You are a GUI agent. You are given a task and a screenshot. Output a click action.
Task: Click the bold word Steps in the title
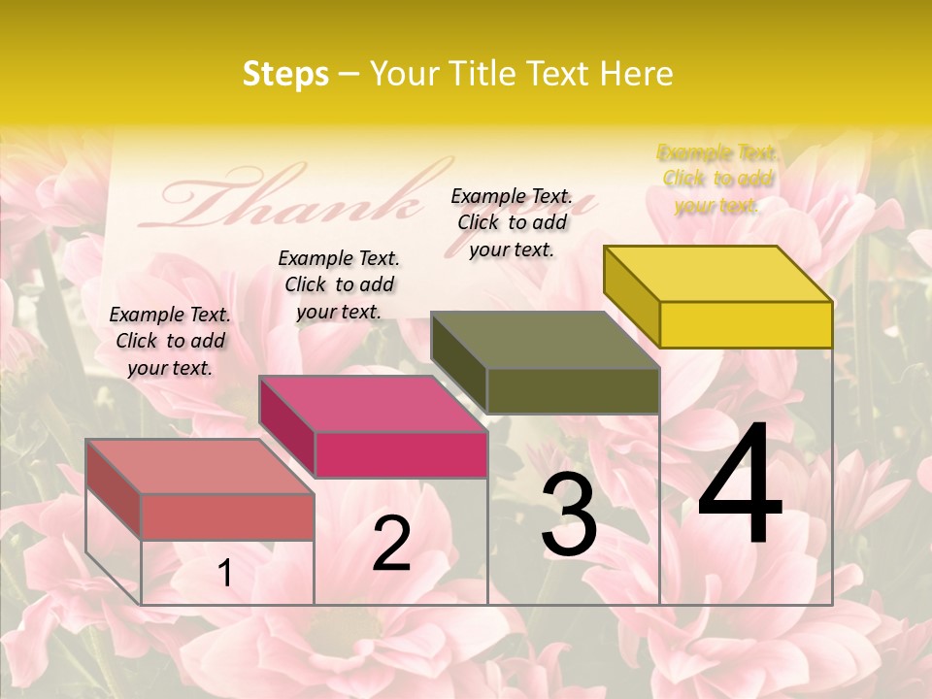coord(285,74)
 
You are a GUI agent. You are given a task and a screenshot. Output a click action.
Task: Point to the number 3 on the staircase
coord(569,516)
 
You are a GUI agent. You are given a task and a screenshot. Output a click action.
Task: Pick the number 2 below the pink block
coord(391,544)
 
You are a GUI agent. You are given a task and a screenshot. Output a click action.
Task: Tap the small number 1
coord(224,574)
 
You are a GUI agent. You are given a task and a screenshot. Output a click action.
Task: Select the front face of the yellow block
coord(746,324)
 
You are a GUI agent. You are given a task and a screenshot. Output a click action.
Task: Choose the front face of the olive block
coord(573,390)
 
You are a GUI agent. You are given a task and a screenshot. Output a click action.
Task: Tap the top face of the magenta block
coord(373,404)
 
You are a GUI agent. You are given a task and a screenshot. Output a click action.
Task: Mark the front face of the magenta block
coord(401,454)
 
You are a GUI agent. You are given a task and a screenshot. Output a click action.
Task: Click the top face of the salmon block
coord(200,466)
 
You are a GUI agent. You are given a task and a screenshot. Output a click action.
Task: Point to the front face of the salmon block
coord(227,516)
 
